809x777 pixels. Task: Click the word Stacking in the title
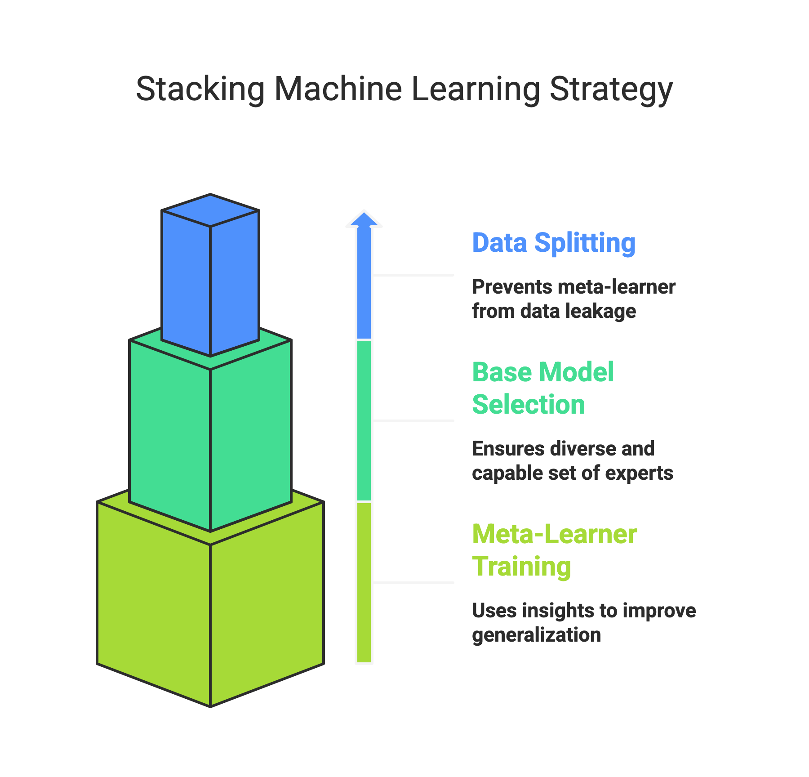click(200, 89)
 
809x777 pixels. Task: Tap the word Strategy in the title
click(611, 89)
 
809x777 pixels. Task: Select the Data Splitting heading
click(554, 243)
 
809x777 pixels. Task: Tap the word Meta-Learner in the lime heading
click(555, 534)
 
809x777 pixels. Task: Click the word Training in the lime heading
click(521, 567)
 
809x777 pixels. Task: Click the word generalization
click(536, 635)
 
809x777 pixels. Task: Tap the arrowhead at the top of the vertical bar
click(364, 219)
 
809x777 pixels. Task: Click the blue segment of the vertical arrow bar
click(364, 292)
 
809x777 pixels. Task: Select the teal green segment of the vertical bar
click(364, 420)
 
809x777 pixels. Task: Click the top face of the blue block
click(210, 210)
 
